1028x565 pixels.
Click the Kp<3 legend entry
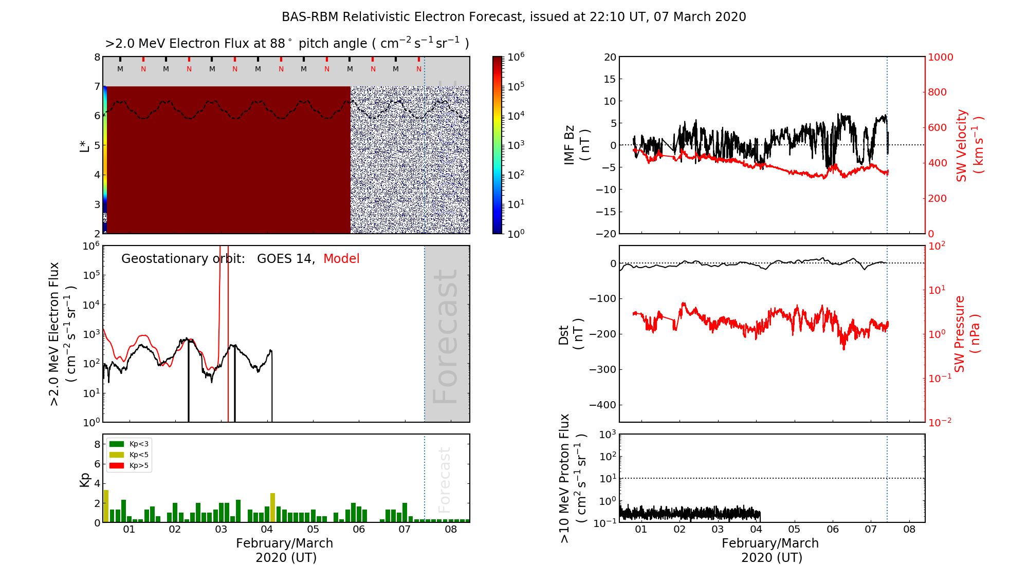tap(129, 444)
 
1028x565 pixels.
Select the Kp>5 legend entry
tap(129, 466)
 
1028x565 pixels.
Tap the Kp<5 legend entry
tap(129, 455)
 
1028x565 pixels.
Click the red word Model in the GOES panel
tap(341, 259)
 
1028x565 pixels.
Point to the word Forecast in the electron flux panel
tap(445, 336)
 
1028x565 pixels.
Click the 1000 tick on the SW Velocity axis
tap(941, 58)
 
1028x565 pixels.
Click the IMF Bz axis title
tap(576, 145)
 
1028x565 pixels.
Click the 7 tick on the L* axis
tap(97, 86)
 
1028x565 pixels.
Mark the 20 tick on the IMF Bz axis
tap(610, 57)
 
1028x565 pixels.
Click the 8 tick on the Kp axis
tap(97, 444)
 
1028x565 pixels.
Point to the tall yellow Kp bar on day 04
tap(273, 507)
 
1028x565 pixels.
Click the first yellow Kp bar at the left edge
tap(106, 506)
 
